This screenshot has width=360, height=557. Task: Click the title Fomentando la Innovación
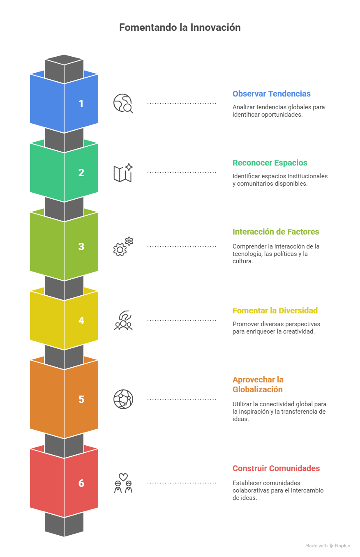click(180, 28)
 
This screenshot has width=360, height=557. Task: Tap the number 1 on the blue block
click(81, 104)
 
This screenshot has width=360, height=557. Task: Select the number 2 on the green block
click(81, 173)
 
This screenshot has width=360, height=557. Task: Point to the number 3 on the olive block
click(81, 246)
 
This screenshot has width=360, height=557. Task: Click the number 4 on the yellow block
click(81, 320)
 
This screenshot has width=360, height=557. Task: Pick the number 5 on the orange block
click(81, 399)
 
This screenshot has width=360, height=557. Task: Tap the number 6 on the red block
click(81, 483)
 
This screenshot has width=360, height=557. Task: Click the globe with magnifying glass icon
click(123, 104)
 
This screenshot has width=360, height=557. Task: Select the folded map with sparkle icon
click(123, 173)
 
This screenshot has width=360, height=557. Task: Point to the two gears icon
click(123, 246)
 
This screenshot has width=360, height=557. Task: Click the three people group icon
click(123, 320)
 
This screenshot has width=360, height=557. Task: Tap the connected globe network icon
click(123, 399)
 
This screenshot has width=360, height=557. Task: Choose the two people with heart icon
click(123, 483)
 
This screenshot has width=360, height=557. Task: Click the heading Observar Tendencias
click(271, 94)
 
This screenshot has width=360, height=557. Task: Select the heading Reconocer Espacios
click(270, 163)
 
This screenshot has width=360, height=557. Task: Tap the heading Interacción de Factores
click(276, 232)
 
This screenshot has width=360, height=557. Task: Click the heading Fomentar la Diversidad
click(275, 311)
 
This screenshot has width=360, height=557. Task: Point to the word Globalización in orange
click(258, 389)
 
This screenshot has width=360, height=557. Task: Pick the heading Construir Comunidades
click(276, 468)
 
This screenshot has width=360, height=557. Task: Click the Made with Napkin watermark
click(328, 545)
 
